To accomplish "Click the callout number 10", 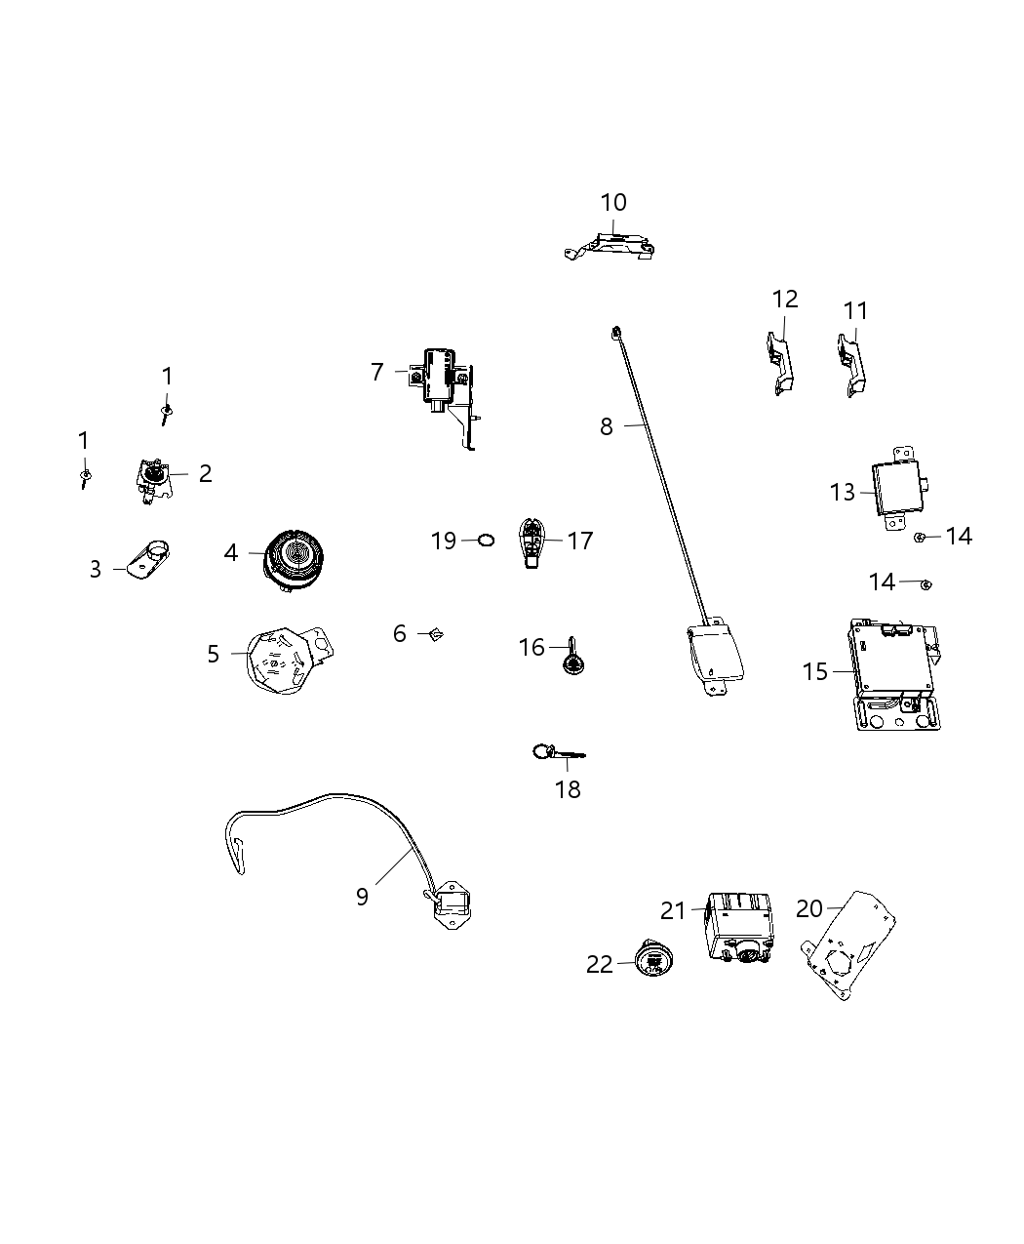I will (613, 203).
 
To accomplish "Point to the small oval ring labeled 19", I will (486, 540).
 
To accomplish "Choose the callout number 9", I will (362, 896).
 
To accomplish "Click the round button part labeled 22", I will (651, 961).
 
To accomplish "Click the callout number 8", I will (607, 427).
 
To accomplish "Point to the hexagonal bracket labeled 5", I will (285, 659).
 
